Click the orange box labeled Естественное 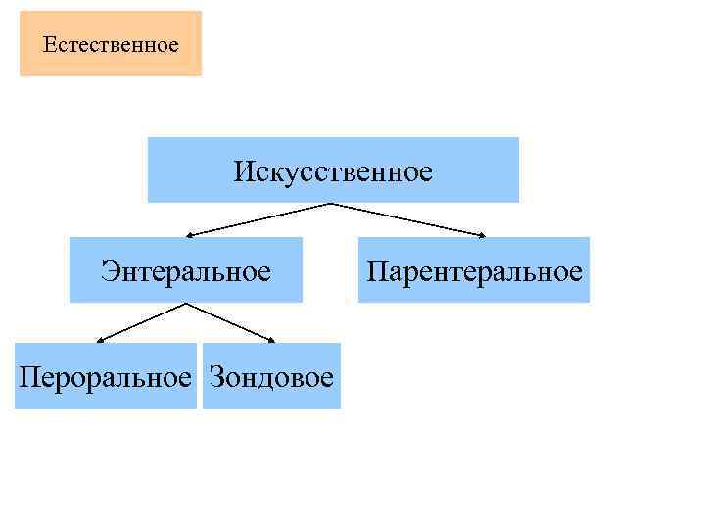pos(111,44)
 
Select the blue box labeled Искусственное pos(333,169)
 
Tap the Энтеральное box pos(186,269)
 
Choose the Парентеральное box pos(474,269)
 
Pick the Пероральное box pos(106,375)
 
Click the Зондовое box pos(271,375)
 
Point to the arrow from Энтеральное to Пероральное pos(142,322)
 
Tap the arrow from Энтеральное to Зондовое pos(230,322)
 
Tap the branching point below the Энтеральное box pos(186,304)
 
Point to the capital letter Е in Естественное pos(50,45)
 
